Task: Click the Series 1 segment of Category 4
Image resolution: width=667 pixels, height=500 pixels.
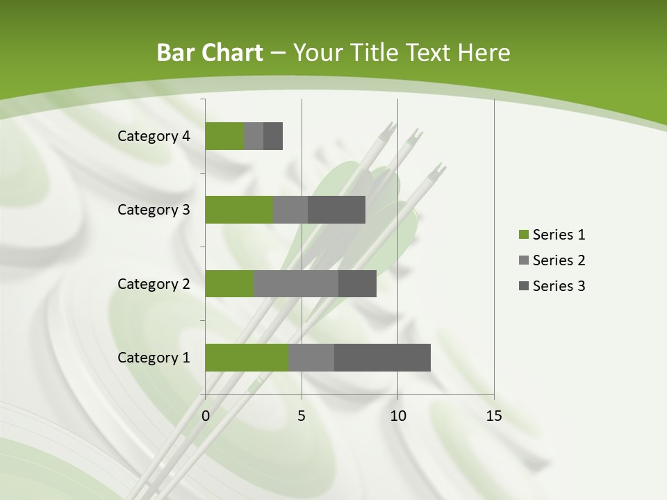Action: click(224, 136)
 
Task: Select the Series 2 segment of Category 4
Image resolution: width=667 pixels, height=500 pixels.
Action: click(254, 136)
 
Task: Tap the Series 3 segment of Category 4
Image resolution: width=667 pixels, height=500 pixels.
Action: click(273, 136)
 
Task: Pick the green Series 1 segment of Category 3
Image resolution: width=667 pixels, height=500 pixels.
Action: click(239, 210)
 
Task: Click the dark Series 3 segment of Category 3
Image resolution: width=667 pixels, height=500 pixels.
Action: click(336, 210)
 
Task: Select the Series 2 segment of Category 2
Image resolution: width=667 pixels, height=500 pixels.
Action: click(296, 283)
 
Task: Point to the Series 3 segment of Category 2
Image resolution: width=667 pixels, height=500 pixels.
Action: click(357, 283)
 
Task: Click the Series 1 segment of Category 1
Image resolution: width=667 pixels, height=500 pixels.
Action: click(247, 358)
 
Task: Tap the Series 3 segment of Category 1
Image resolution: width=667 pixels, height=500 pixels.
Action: click(382, 358)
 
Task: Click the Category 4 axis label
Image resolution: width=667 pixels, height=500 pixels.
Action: click(154, 136)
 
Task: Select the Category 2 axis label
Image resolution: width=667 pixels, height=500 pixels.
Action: click(154, 284)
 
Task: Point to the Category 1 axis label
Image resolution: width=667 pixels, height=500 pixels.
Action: click(154, 358)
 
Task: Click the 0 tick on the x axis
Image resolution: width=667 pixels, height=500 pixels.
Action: click(206, 416)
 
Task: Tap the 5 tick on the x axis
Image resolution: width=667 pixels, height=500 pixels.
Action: click(302, 416)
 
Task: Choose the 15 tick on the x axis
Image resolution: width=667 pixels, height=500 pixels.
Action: click(493, 416)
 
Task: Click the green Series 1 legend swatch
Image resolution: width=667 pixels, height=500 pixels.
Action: click(523, 235)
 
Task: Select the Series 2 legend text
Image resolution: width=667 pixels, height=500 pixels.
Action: click(559, 260)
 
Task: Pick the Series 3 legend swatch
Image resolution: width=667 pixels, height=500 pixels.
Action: click(523, 286)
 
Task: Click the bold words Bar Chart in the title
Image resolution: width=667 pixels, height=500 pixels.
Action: click(209, 53)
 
